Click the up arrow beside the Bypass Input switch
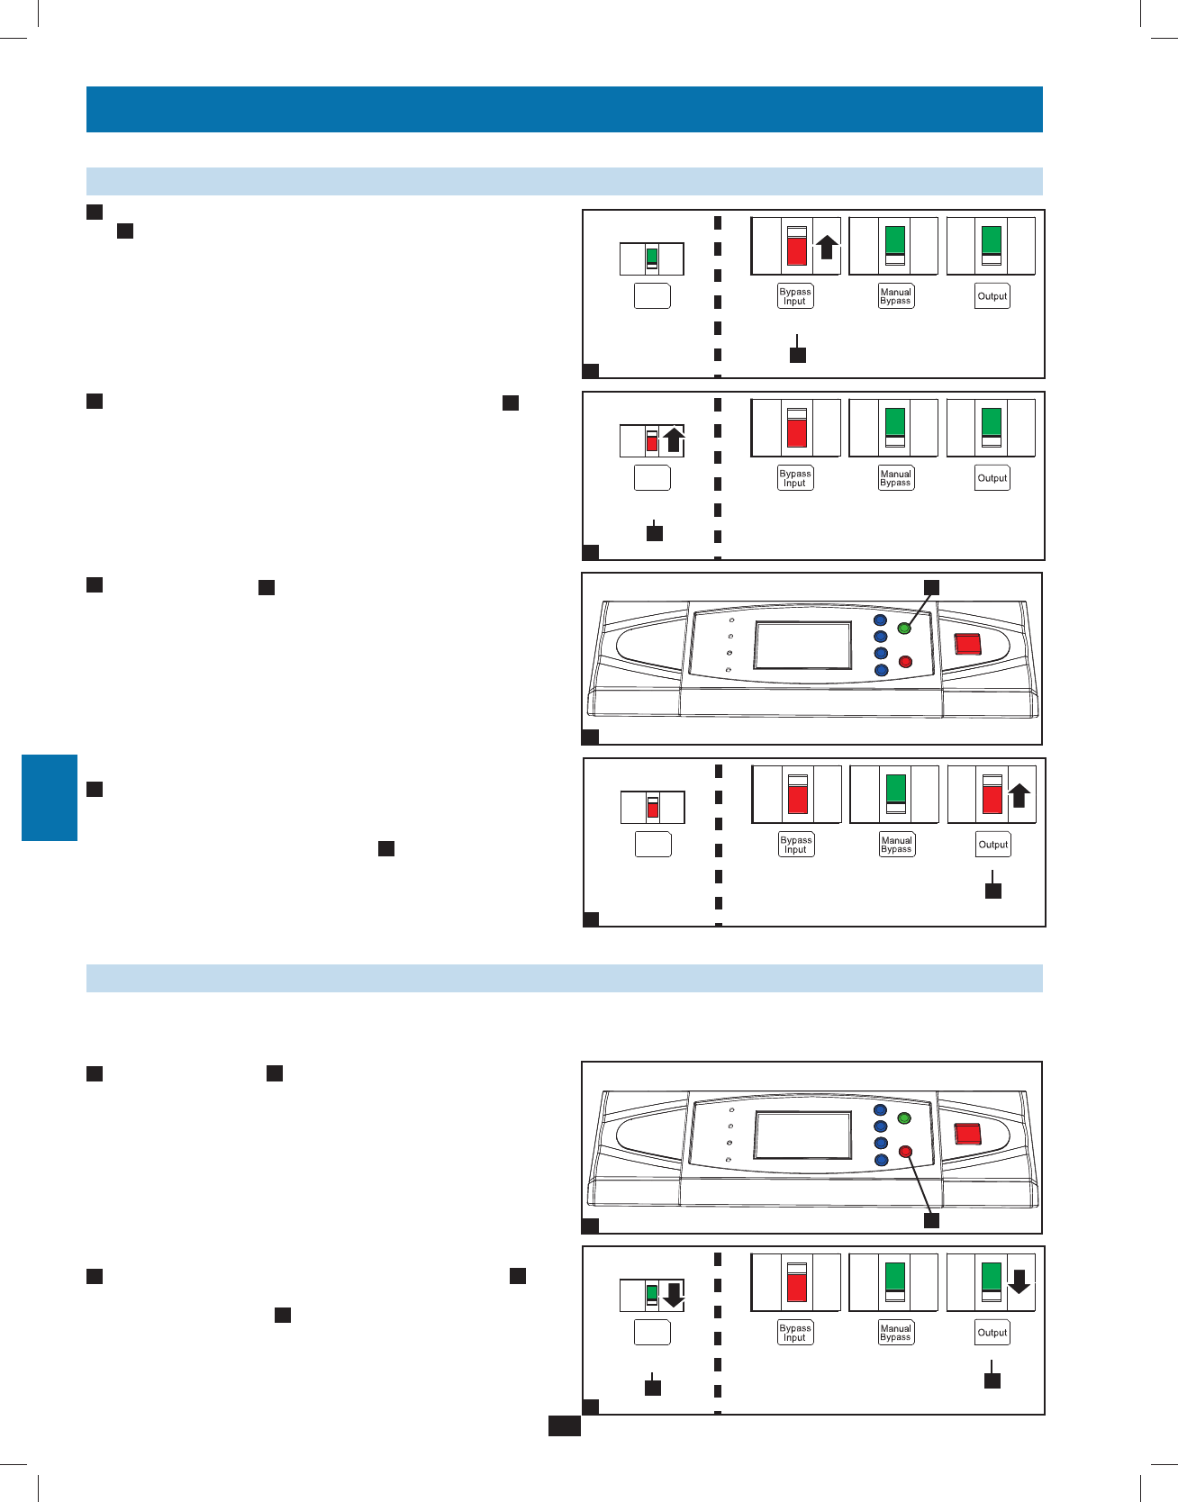click(827, 246)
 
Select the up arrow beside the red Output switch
click(1019, 794)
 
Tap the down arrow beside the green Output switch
click(1019, 1280)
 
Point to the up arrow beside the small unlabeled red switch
click(673, 439)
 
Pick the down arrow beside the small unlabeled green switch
click(672, 1295)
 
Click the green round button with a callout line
click(904, 628)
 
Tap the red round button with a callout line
click(906, 1152)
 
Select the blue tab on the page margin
click(50, 797)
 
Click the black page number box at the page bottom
click(565, 1425)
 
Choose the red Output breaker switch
click(992, 794)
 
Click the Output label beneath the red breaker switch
click(993, 845)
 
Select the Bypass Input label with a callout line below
click(795, 296)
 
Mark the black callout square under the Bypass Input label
click(798, 355)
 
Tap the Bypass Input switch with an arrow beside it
click(797, 245)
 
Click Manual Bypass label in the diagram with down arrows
click(896, 1333)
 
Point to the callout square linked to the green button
click(932, 587)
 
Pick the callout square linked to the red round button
click(932, 1220)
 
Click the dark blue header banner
click(565, 109)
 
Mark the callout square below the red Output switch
click(993, 891)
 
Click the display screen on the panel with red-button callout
click(802, 1135)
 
